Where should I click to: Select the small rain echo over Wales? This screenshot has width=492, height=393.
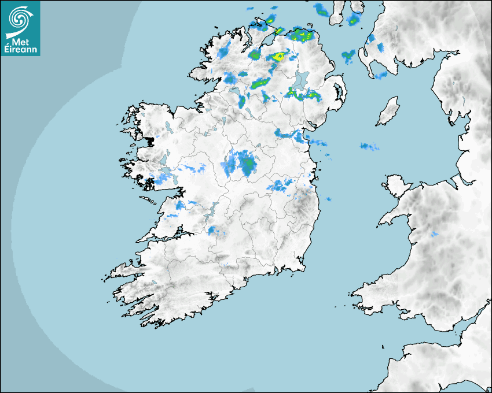coord(434,234)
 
